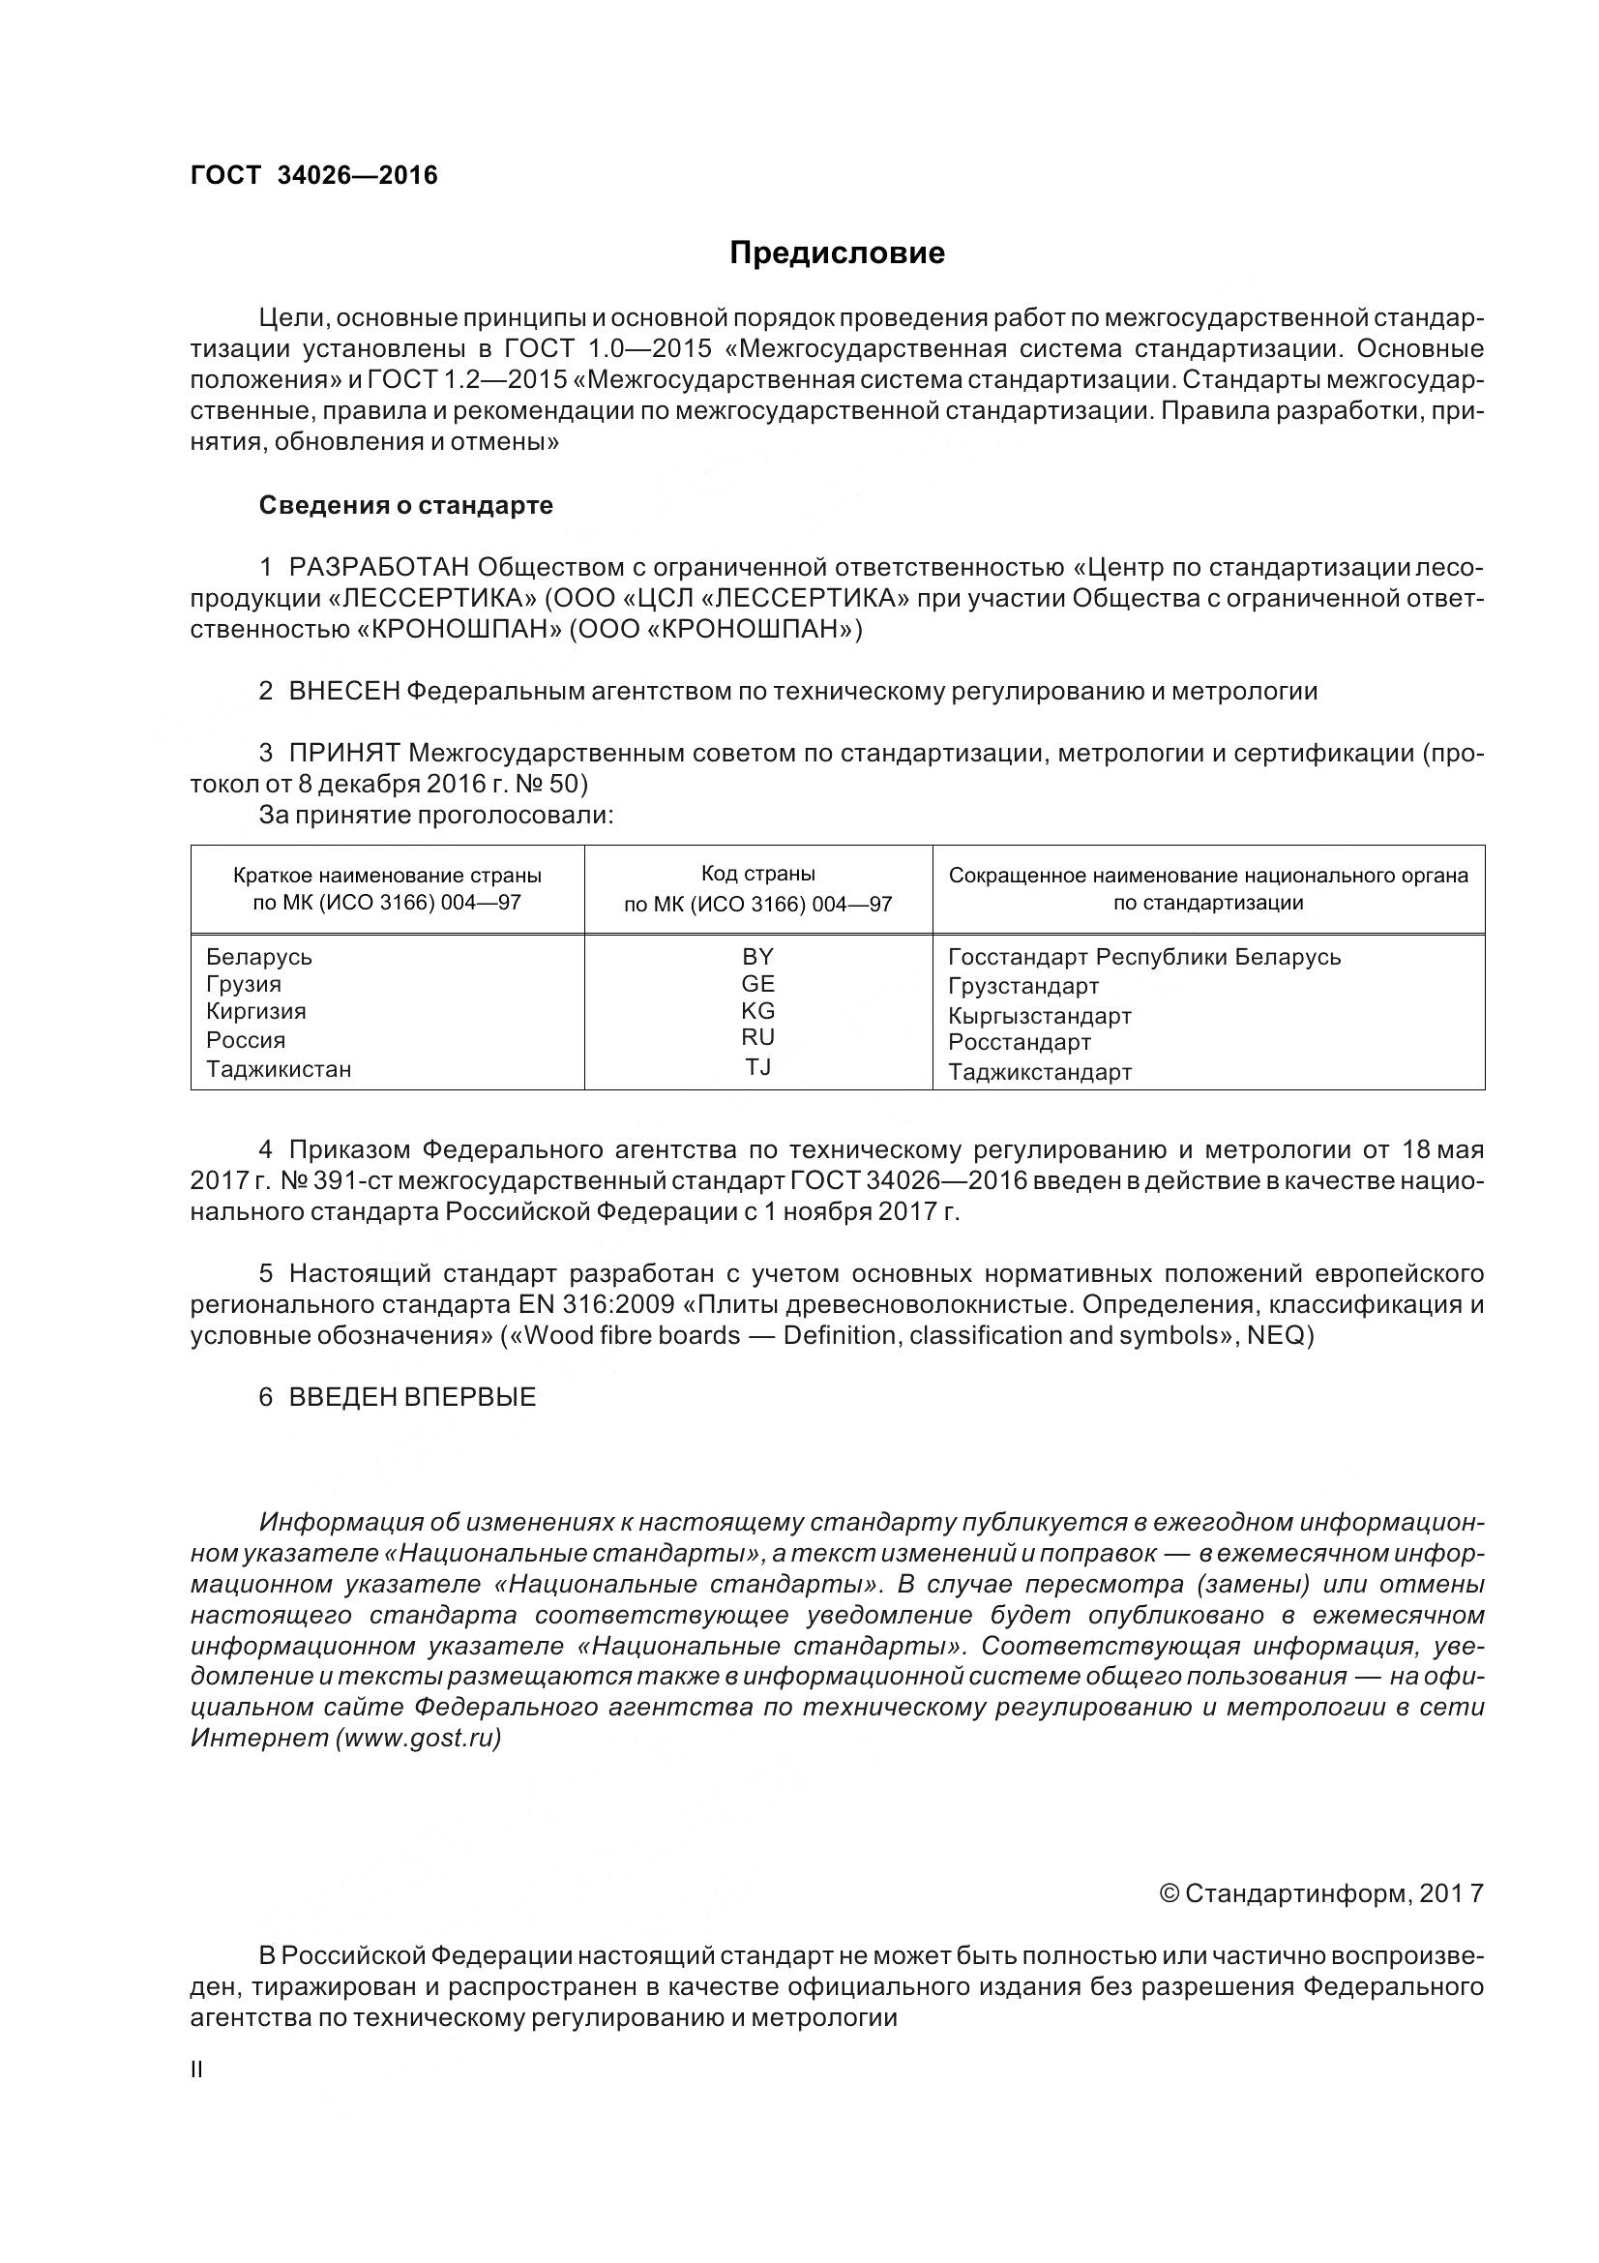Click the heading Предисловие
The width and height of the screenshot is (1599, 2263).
(837, 253)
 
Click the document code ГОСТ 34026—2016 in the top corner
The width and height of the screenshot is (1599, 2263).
(313, 175)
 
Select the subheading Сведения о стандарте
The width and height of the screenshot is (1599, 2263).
(406, 506)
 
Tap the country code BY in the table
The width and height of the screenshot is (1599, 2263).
(757, 956)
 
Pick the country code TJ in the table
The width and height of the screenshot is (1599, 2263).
(757, 1066)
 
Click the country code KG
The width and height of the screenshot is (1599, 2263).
(757, 1010)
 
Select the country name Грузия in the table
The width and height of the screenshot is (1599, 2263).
(244, 984)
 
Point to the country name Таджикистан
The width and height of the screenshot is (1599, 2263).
(278, 1068)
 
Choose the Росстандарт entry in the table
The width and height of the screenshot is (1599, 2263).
(1019, 1042)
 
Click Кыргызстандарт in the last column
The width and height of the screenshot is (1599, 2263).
(1040, 1015)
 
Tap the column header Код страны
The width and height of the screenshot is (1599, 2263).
(757, 874)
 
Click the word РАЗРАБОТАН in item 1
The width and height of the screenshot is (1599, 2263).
(379, 568)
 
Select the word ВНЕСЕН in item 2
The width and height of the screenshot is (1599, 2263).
(343, 691)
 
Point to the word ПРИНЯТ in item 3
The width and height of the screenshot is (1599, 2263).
(343, 753)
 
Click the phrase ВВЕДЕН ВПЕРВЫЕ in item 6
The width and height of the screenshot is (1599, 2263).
(412, 1397)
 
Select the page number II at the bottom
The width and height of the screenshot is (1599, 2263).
(196, 2069)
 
